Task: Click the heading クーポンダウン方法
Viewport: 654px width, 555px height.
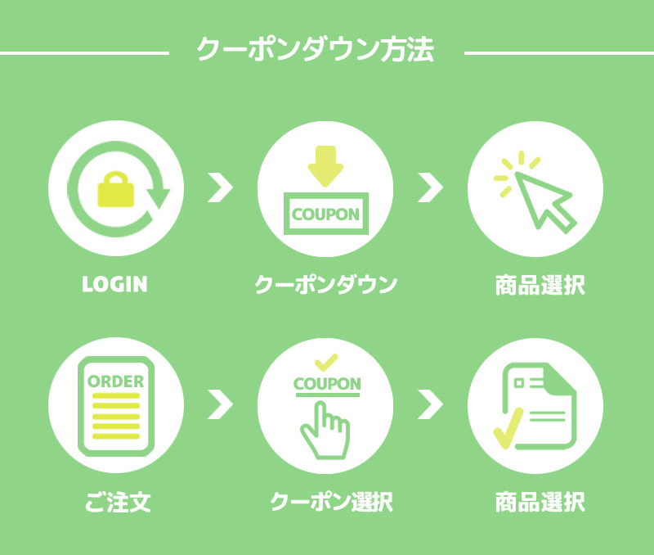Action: (x=315, y=51)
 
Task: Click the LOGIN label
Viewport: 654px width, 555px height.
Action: (x=115, y=285)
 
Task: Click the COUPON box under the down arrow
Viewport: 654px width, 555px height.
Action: (x=325, y=214)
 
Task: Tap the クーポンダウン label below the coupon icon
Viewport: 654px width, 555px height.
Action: (x=325, y=285)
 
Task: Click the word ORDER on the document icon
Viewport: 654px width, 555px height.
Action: (x=115, y=381)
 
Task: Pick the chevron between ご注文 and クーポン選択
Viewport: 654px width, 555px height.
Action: (x=219, y=403)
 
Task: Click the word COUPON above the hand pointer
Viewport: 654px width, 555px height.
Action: (x=326, y=384)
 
